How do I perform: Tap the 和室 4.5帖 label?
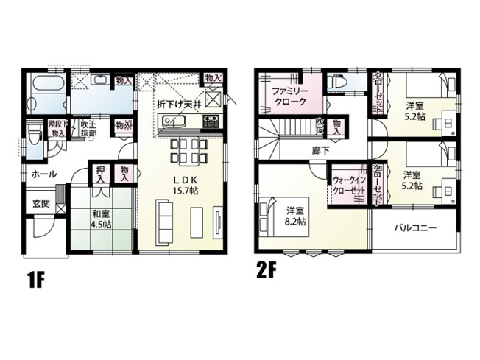click(101, 219)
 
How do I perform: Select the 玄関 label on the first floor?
click(40, 203)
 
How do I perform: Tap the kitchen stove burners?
click(211, 121)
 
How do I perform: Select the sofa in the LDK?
click(164, 217)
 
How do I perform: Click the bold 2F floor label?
click(266, 269)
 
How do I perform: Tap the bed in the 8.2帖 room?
click(268, 214)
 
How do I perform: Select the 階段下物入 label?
click(57, 129)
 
